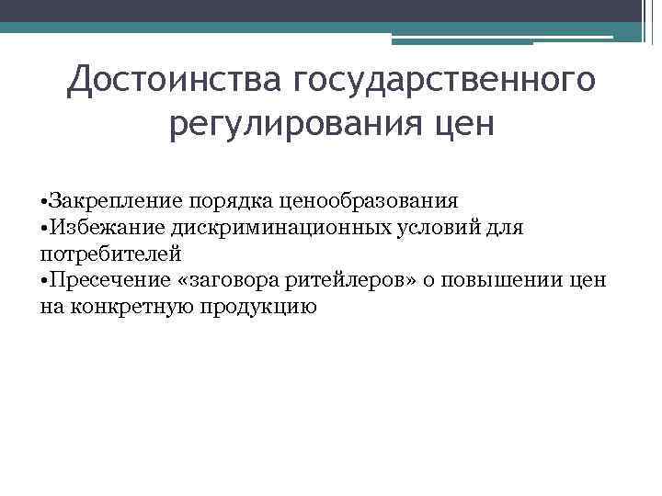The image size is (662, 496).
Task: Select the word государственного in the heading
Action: pyautogui.click(x=445, y=82)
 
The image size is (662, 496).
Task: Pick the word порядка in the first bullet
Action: pyautogui.click(x=206, y=200)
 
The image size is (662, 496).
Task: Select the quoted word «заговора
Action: pyautogui.click(x=222, y=280)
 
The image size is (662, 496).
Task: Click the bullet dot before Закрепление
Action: pyautogui.click(x=45, y=201)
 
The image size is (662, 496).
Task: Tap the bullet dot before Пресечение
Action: pyautogui.click(x=45, y=281)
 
